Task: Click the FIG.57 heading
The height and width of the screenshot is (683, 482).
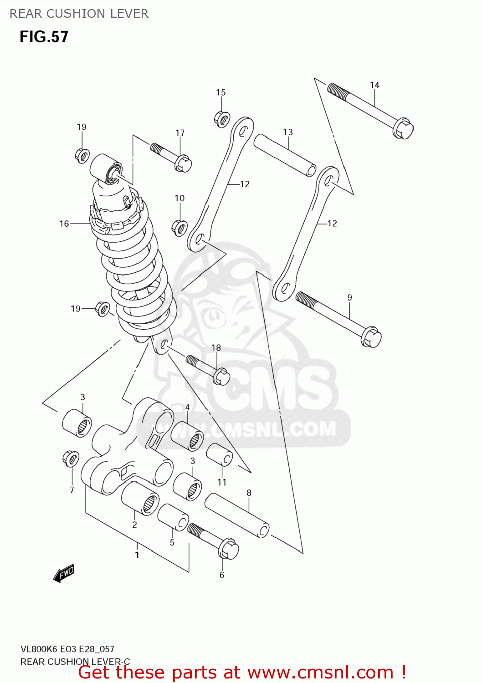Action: click(44, 37)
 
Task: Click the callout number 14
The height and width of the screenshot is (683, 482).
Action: click(374, 85)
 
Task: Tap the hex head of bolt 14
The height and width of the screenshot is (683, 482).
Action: click(403, 128)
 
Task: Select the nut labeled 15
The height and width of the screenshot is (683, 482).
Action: click(221, 119)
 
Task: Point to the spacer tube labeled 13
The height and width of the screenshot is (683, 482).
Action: click(285, 155)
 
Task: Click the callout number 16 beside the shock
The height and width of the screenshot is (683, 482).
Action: click(64, 224)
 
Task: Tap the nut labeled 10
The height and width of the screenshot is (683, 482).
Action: click(179, 227)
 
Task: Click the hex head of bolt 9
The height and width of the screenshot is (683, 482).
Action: click(371, 337)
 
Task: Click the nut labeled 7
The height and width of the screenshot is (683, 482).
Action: click(71, 458)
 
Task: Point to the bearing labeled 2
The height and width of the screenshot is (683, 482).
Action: click(140, 499)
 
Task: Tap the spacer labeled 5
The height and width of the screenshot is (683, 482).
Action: click(173, 517)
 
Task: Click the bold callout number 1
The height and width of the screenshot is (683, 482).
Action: click(137, 555)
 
